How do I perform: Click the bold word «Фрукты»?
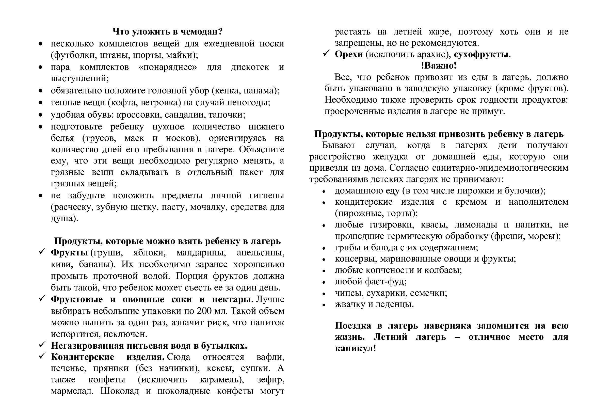tap(69, 252)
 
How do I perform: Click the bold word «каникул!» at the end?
tap(355, 348)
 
